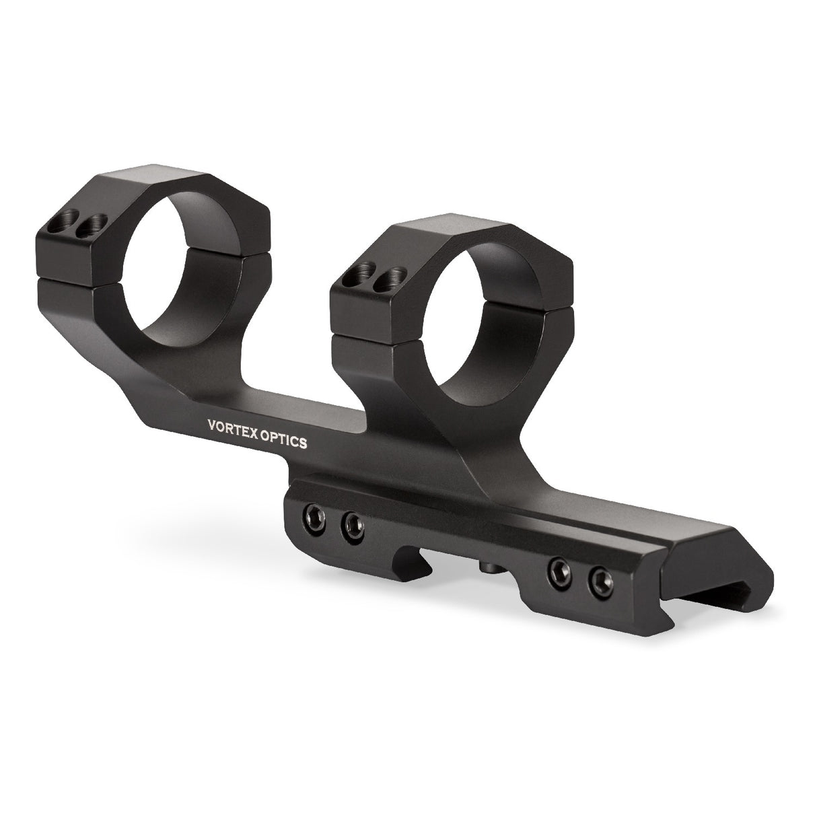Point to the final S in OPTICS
tap(305, 445)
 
